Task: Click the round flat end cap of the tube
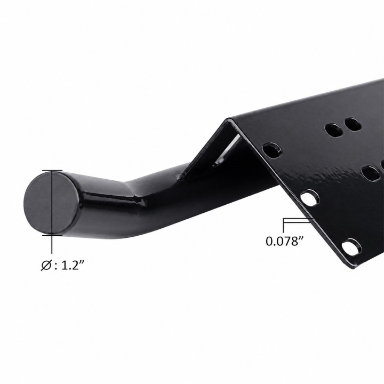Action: point(51,202)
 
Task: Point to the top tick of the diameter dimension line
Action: point(52,170)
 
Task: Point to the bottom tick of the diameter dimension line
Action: point(52,235)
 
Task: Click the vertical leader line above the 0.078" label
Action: point(284,225)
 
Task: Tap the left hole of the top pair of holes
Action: point(333,129)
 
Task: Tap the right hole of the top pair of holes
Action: point(353,124)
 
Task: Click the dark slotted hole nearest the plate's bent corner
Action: point(272,149)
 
